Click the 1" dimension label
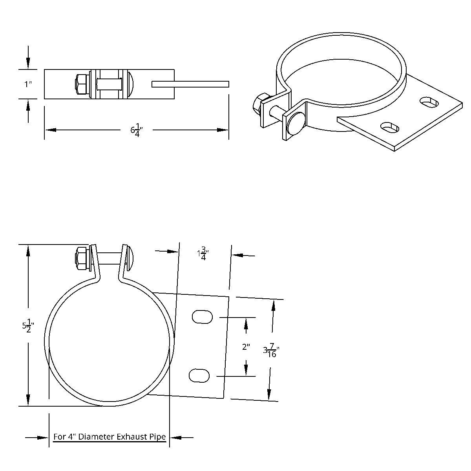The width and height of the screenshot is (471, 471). [27, 84]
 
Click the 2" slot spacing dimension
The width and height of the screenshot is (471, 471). [246, 347]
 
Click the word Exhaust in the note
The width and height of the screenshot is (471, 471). [133, 437]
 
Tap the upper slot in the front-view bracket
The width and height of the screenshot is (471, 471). [203, 317]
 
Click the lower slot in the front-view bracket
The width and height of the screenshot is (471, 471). [199, 376]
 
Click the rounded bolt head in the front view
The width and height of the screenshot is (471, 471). [131, 258]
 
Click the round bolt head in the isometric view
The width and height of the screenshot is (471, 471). [295, 124]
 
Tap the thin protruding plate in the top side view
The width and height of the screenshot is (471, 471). [190, 84]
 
